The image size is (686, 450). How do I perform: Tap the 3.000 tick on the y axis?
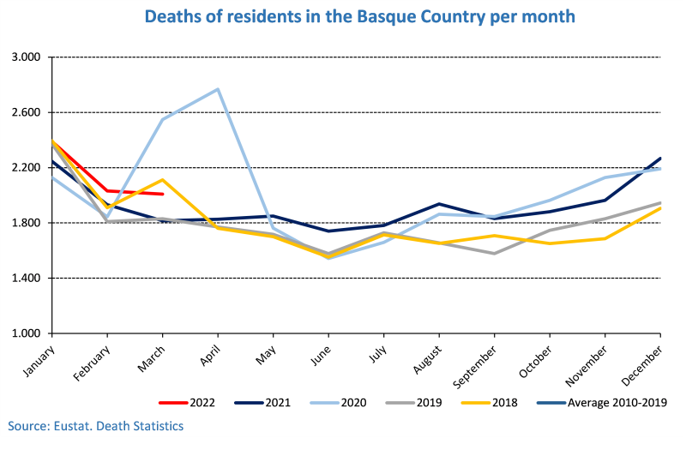pyautogui.click(x=27, y=57)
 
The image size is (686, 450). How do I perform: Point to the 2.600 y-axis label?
pyautogui.click(x=27, y=112)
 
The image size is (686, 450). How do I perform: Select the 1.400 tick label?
pyautogui.click(x=27, y=278)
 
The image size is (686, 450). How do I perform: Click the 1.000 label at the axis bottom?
pyautogui.click(x=27, y=333)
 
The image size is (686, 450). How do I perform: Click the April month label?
pyautogui.click(x=210, y=354)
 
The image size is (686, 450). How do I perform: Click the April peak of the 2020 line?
pyautogui.click(x=218, y=89)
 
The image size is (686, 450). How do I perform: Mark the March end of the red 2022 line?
pyautogui.click(x=163, y=194)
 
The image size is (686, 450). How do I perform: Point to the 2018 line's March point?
pyautogui.click(x=163, y=180)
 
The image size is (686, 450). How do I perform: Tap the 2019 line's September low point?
pyautogui.click(x=495, y=253)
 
